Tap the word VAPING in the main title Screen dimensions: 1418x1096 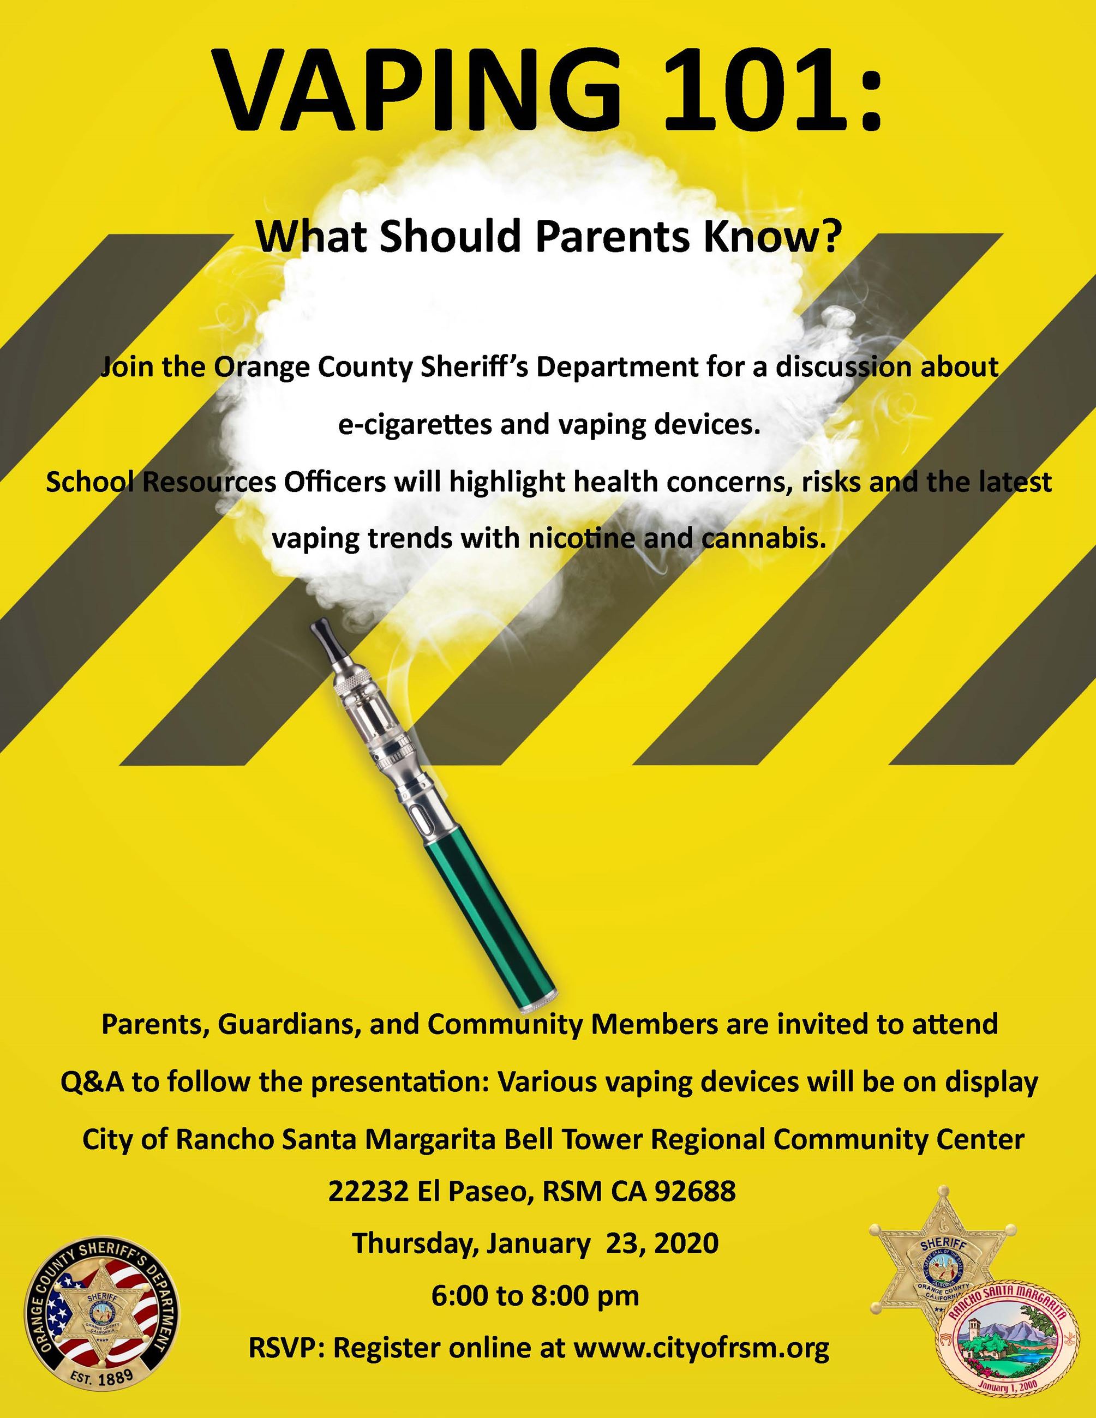(x=416, y=91)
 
